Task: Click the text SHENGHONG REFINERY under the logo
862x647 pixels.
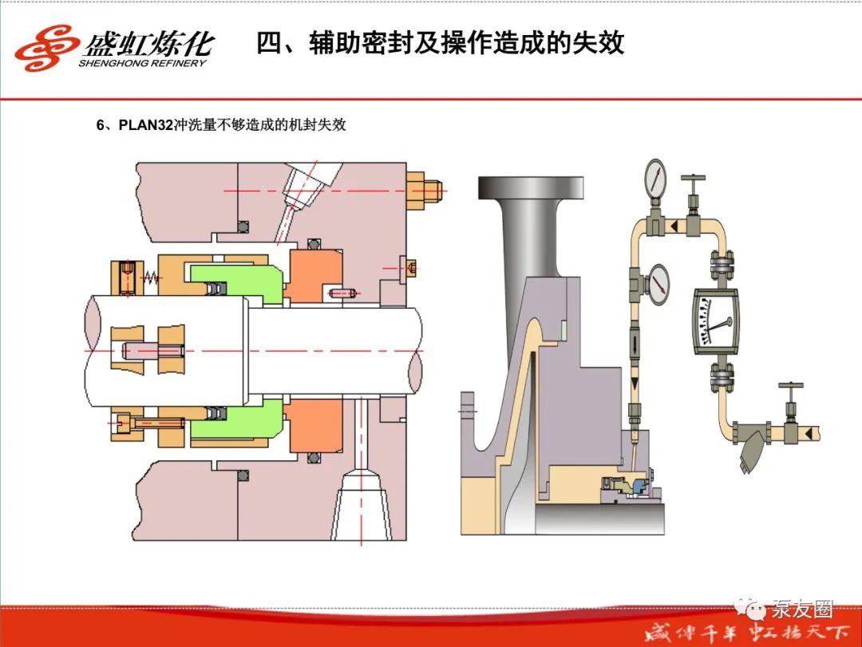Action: (142, 63)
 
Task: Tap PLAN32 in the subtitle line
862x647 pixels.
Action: (145, 125)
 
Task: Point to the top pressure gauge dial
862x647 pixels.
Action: (655, 180)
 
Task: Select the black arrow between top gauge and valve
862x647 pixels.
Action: (674, 227)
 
